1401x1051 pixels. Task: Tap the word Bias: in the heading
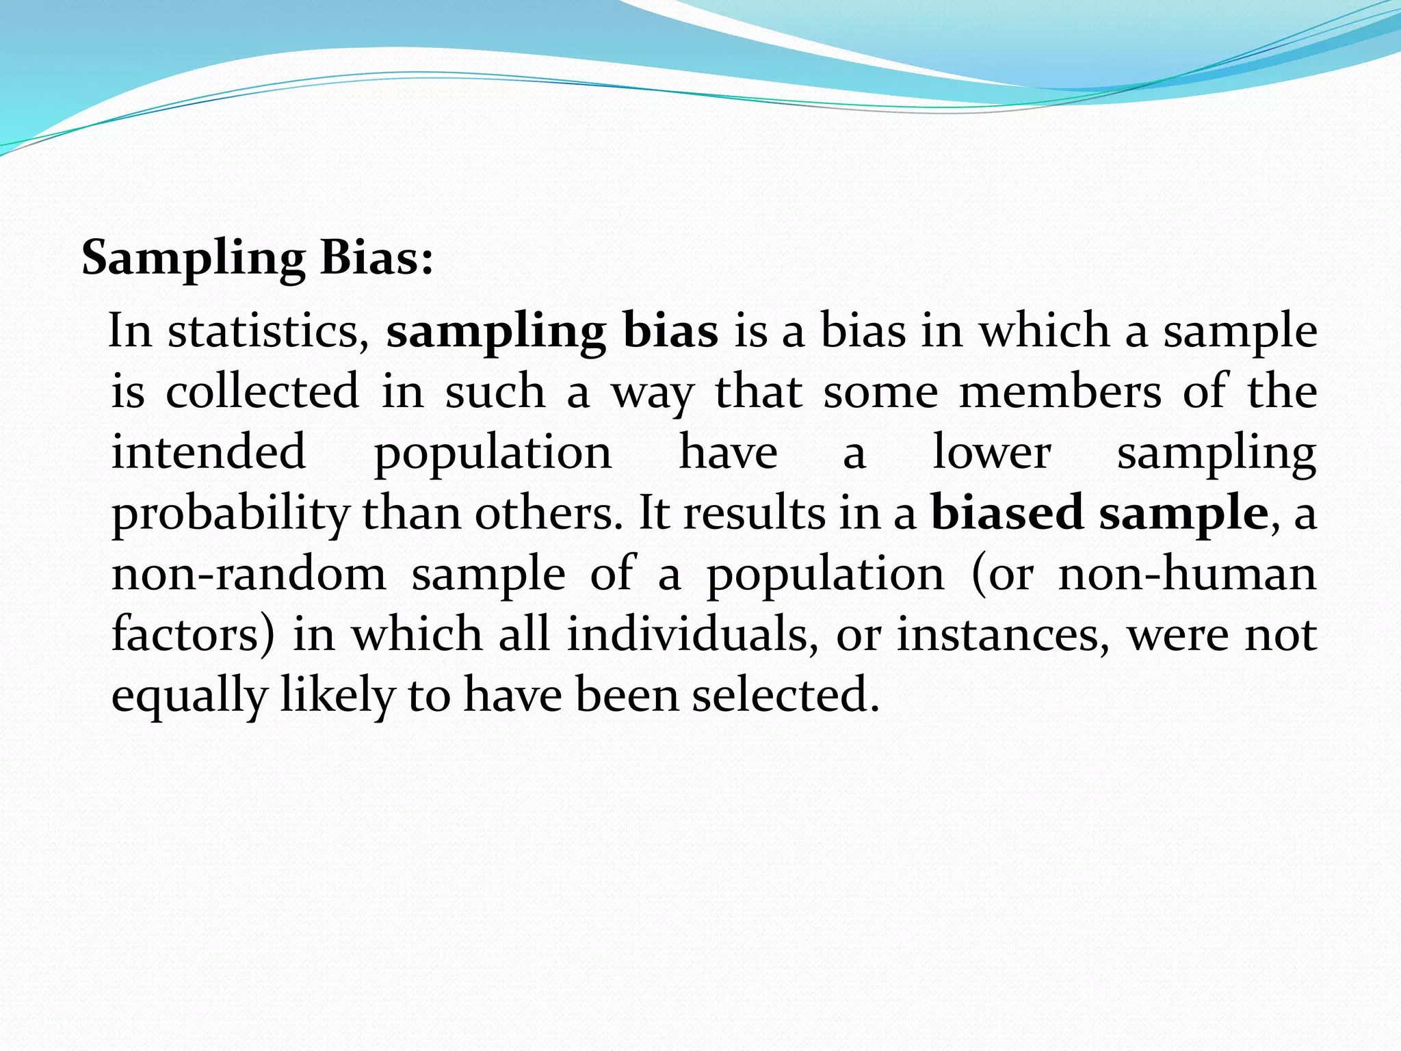coord(377,259)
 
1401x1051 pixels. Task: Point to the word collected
coord(262,391)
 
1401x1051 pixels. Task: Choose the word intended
coord(209,452)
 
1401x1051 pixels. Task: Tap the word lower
coord(992,452)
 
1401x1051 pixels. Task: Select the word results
coord(755,512)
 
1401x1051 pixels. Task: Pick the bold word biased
coord(1007,512)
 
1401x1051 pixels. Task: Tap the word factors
coord(192,634)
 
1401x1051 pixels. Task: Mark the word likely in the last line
coord(338,695)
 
